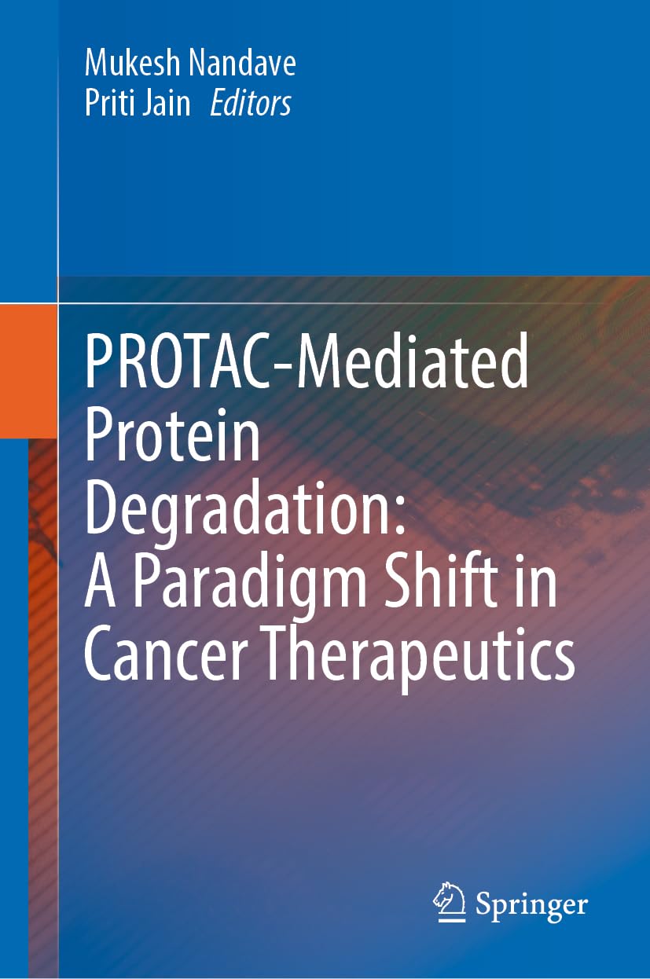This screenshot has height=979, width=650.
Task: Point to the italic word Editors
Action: click(251, 104)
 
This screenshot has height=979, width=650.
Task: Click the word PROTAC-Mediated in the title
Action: click(307, 361)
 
